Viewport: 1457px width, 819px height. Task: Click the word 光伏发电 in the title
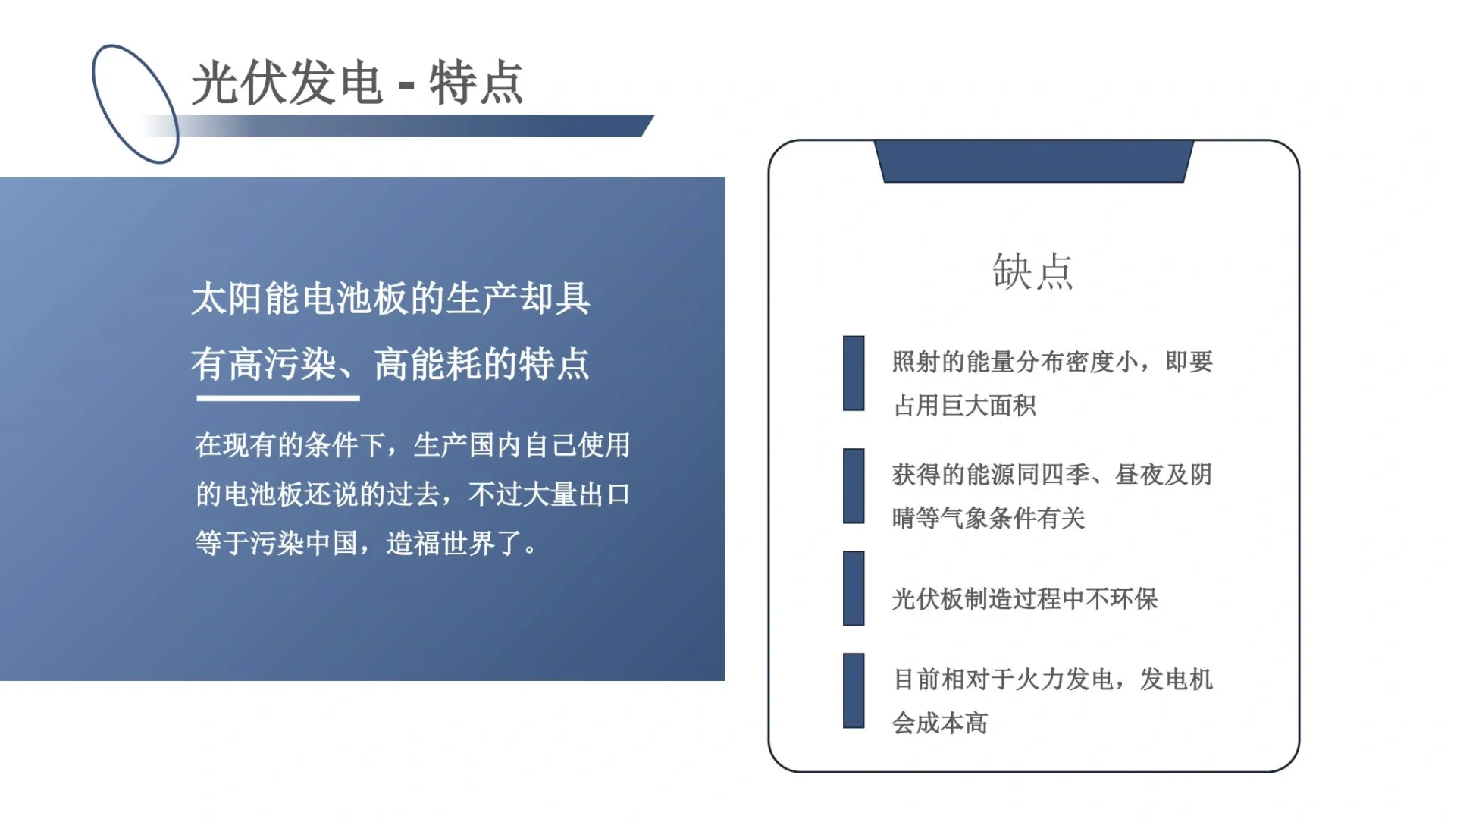pyautogui.click(x=287, y=83)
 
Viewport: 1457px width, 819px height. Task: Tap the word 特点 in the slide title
pyautogui.click(x=476, y=83)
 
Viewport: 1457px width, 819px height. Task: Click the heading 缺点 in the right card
pyautogui.click(x=1032, y=271)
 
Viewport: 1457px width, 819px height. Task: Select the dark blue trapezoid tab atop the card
pyautogui.click(x=1033, y=161)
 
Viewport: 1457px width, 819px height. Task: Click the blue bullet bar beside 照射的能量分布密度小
pyautogui.click(x=854, y=373)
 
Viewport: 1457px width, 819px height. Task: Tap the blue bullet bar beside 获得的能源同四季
pyautogui.click(x=854, y=486)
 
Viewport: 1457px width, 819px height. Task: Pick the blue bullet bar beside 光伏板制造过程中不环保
pyautogui.click(x=854, y=588)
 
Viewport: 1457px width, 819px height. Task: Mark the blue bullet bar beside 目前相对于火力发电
pyautogui.click(x=854, y=691)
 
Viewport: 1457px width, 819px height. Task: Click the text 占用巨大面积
pyautogui.click(x=964, y=406)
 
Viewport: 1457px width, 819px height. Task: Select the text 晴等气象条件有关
pyautogui.click(x=989, y=519)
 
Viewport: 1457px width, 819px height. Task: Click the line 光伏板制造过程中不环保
pyautogui.click(x=1025, y=599)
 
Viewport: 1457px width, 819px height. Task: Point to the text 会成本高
pyautogui.click(x=940, y=723)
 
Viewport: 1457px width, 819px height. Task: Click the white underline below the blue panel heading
pyautogui.click(x=277, y=397)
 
